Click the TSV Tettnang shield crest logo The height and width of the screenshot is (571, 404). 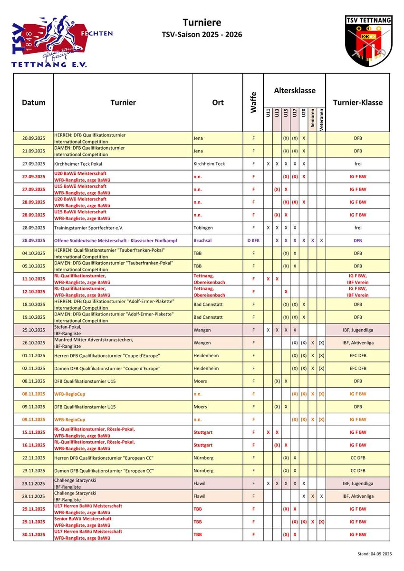(368, 41)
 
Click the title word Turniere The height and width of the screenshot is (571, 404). (202, 23)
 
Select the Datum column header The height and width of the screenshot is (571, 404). (34, 103)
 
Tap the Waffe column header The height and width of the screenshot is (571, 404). (253, 102)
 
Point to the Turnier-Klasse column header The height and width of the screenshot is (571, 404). (357, 103)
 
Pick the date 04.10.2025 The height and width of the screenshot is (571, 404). (34, 253)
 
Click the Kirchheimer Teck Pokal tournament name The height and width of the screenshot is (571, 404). (78, 164)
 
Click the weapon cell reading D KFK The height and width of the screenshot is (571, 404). (253, 241)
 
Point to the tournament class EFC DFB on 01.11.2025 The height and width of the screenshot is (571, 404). (357, 356)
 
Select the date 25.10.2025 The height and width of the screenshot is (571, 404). (34, 330)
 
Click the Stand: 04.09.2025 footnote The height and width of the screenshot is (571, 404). (375, 554)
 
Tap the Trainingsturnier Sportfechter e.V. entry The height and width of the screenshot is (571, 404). (88, 228)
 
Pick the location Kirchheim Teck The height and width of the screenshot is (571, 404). (210, 164)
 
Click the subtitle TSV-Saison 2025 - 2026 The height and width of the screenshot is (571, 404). (202, 35)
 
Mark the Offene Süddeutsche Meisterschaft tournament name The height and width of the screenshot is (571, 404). (115, 241)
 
